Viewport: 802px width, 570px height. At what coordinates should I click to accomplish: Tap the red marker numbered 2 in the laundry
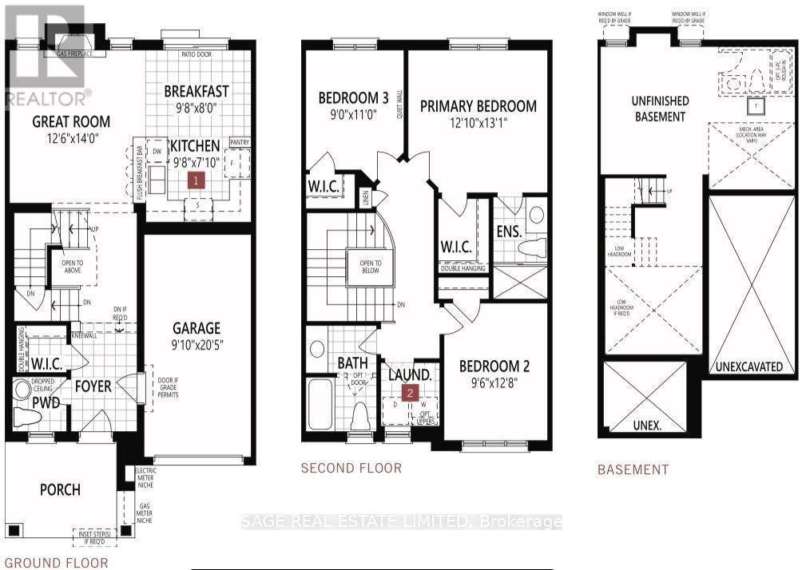pos(411,393)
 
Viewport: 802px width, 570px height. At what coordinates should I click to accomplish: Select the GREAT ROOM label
pos(71,121)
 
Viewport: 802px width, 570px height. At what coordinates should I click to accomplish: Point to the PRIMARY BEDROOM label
pos(478,106)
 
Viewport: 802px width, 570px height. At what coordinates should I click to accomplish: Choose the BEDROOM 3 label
pos(353,98)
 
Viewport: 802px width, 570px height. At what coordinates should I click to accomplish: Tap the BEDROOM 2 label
pos(494,366)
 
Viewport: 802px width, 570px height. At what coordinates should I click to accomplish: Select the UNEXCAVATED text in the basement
pos(748,366)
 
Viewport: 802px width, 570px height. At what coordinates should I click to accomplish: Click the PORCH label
pos(61,489)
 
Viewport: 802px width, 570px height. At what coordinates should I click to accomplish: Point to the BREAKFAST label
pos(197,90)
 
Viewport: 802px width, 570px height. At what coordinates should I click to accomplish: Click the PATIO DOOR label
pos(186,53)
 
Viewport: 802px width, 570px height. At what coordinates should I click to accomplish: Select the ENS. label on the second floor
pos(508,232)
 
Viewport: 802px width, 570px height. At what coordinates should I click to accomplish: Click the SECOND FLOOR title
pos(351,468)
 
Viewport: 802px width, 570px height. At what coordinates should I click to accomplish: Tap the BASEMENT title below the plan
pos(633,469)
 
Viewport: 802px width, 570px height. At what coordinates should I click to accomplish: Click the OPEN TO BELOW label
pos(370,266)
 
